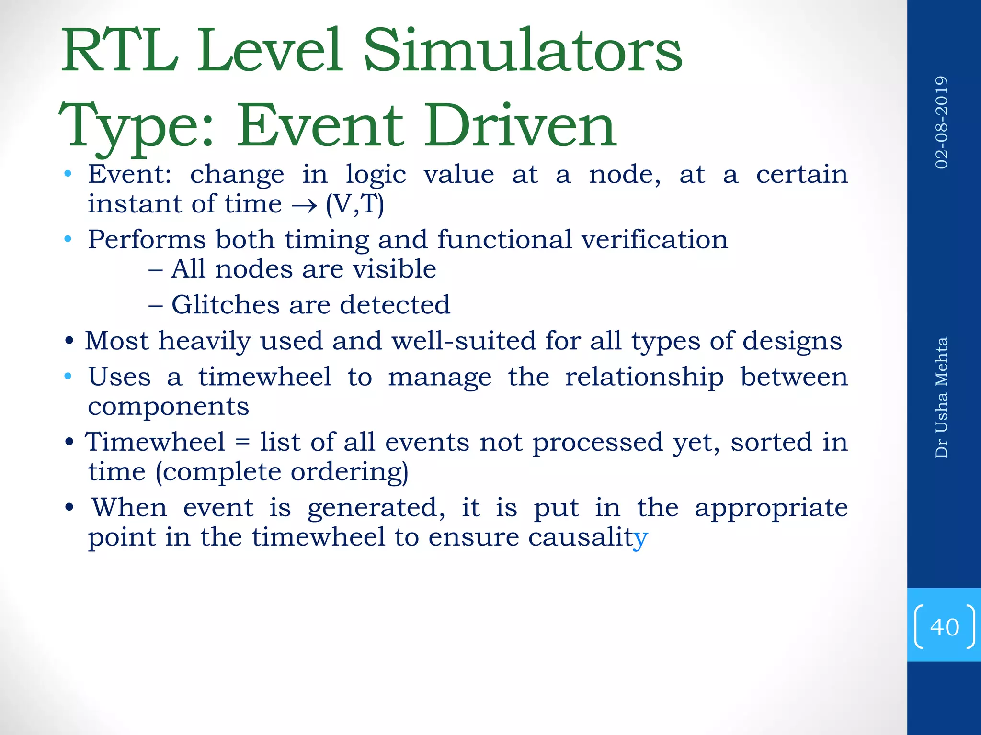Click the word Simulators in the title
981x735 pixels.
[523, 52]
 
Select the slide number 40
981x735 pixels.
[944, 627]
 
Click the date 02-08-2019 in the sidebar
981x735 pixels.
[942, 122]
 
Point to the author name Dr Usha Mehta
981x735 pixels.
[942, 398]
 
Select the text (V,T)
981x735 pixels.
[355, 204]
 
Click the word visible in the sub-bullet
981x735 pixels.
[394, 269]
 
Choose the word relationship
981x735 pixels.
[644, 377]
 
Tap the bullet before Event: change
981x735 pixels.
[68, 174]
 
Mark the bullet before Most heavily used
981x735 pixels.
[69, 342]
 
